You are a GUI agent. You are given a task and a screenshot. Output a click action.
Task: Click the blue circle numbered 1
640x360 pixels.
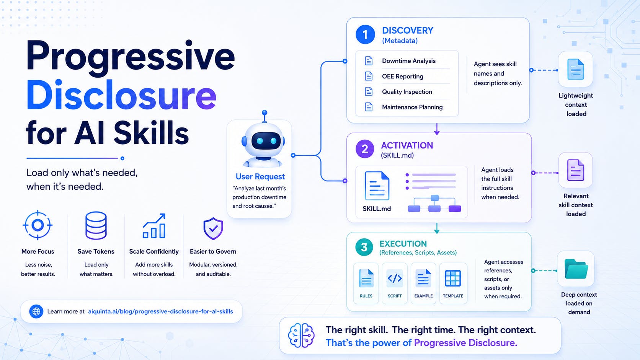click(x=365, y=34)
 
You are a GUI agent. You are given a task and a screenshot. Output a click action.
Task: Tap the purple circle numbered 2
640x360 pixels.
click(x=365, y=149)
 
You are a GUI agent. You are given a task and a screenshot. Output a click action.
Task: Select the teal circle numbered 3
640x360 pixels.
click(x=364, y=247)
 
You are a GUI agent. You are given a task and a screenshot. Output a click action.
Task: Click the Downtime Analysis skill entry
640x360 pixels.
click(x=408, y=61)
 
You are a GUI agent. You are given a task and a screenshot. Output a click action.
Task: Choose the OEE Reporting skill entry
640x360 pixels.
click(x=403, y=76)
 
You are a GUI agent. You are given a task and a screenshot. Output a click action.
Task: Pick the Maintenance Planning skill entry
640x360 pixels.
click(x=412, y=107)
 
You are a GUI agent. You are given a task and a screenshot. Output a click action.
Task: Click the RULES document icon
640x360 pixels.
click(x=366, y=278)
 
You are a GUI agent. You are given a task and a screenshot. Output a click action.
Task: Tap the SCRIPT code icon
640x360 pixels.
click(x=395, y=278)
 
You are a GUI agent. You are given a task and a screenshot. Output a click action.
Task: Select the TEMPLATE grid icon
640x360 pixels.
click(x=453, y=278)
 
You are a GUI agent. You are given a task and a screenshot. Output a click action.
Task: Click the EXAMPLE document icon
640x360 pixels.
click(x=423, y=278)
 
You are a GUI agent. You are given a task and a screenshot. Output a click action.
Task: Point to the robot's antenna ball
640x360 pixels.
click(x=264, y=112)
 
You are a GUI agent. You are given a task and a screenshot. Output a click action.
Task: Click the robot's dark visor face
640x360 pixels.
click(x=266, y=141)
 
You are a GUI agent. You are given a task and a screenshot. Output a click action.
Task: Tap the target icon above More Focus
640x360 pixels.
click(x=38, y=225)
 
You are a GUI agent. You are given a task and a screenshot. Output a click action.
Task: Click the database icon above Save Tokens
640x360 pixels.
click(x=96, y=226)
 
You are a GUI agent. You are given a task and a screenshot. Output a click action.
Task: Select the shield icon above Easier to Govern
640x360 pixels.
click(x=213, y=228)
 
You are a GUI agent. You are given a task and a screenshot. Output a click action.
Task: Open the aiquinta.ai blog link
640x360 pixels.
click(x=160, y=311)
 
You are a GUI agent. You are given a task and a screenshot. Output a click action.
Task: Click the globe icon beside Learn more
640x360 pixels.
click(x=36, y=311)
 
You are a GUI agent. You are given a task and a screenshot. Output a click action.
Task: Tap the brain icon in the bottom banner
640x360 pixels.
click(x=301, y=335)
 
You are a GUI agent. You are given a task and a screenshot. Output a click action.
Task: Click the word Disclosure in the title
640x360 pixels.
click(x=121, y=95)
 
